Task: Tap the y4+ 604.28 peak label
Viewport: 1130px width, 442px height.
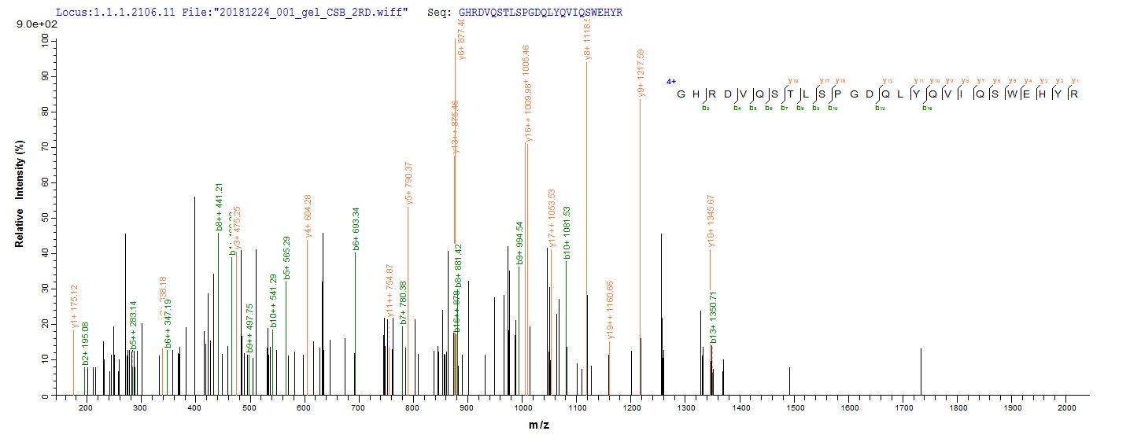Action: pos(308,215)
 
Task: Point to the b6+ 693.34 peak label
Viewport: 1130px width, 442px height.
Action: pos(356,228)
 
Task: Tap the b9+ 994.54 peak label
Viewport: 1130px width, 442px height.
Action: pos(519,243)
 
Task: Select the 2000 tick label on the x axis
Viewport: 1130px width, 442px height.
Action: pos(1067,410)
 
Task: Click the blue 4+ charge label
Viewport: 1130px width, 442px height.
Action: pos(670,81)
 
